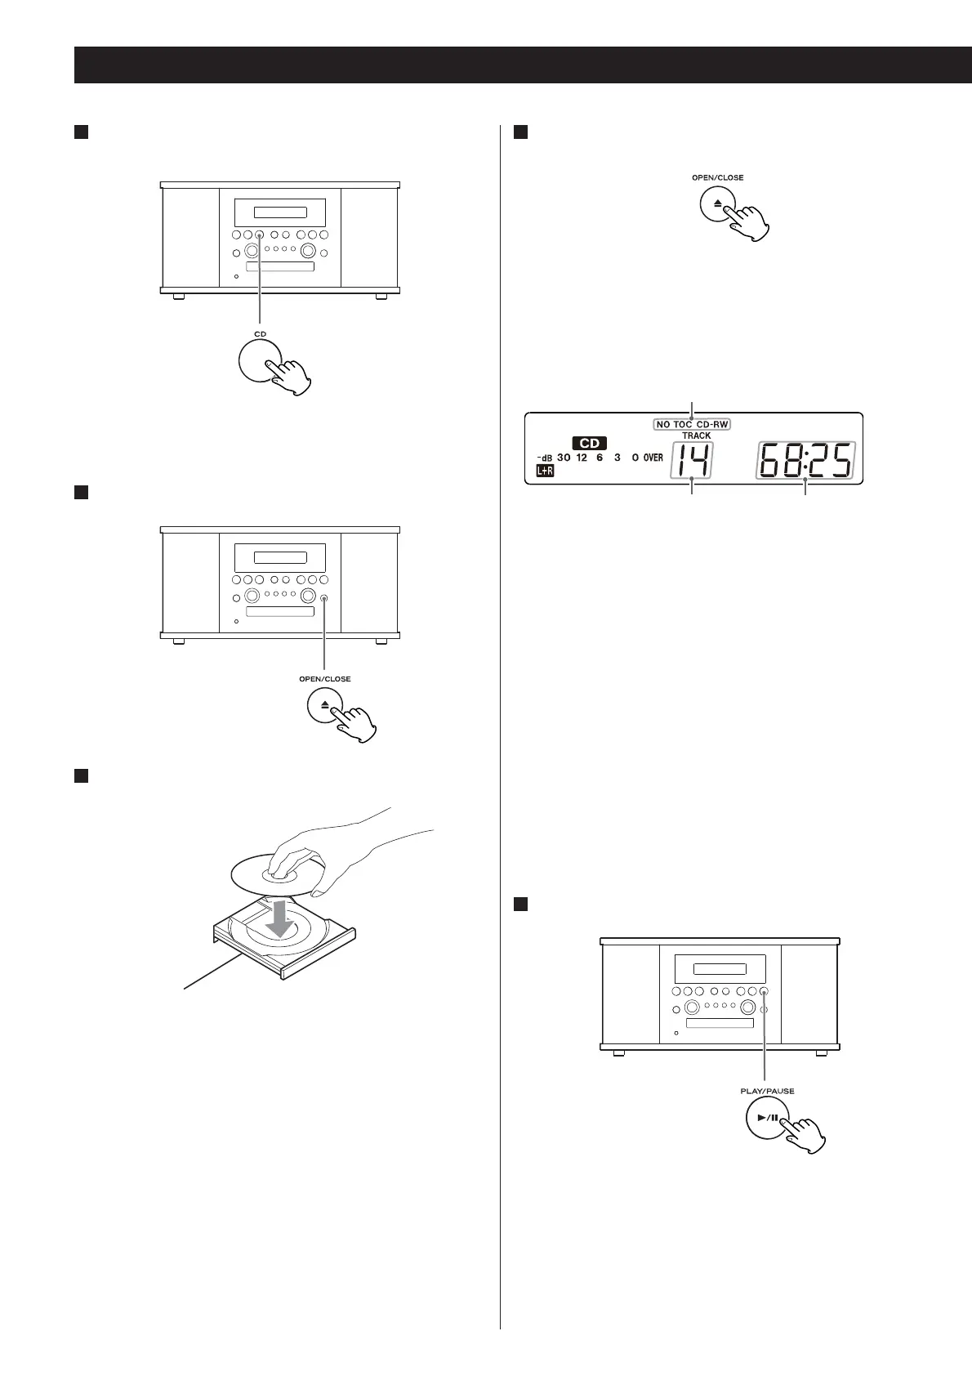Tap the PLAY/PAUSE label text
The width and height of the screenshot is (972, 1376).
coord(767,1090)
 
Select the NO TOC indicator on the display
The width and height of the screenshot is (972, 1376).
coord(674,424)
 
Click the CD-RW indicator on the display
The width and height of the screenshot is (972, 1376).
coord(712,424)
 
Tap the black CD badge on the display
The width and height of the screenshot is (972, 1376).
coord(589,443)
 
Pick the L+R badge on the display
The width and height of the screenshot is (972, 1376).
coord(545,471)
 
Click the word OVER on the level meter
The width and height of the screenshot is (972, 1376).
coord(653,458)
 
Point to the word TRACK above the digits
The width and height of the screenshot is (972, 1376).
coord(696,436)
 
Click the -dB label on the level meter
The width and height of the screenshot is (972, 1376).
coord(544,458)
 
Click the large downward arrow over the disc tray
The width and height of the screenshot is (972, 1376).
coord(279,917)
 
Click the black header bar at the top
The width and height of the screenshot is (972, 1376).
coord(523,65)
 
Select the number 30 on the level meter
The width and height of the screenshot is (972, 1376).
coord(564,458)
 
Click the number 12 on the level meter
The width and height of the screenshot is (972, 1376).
coord(582,458)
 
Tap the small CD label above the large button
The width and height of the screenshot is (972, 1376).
coord(260,334)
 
